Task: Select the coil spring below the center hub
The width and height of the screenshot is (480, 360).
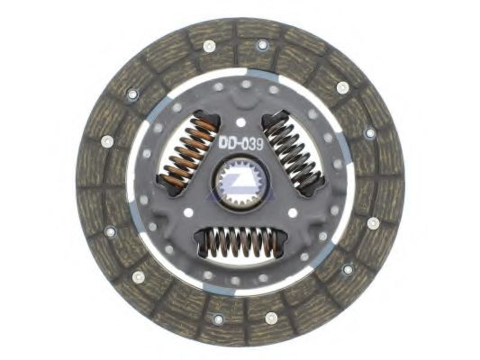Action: tap(240, 241)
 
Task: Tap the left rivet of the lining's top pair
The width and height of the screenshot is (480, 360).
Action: tap(210, 45)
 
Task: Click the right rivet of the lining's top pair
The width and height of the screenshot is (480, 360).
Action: tap(263, 44)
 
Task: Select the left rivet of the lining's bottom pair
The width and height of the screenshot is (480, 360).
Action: tap(217, 318)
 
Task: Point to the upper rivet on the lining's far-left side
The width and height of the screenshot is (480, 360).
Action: tap(106, 141)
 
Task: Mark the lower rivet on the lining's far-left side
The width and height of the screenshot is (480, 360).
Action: tap(110, 231)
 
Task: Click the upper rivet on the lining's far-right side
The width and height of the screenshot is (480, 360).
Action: tap(370, 132)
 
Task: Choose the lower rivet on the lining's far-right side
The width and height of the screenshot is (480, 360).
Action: tap(373, 223)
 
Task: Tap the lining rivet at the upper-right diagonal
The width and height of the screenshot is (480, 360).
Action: tap(342, 87)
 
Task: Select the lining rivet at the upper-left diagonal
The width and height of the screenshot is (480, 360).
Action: tap(133, 93)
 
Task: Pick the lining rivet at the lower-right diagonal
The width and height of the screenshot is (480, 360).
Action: tap(348, 268)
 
